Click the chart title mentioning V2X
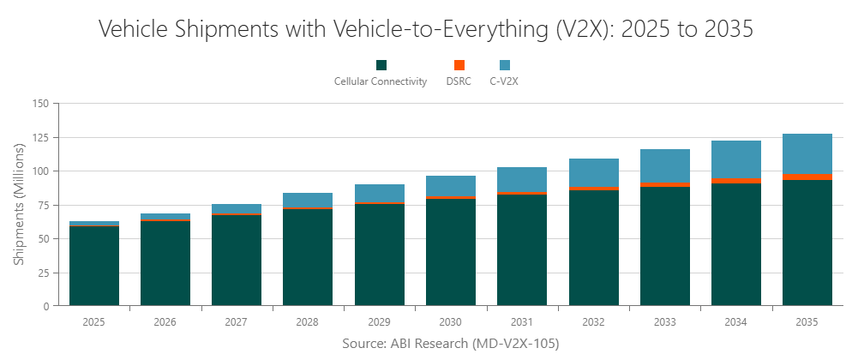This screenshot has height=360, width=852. (x=426, y=29)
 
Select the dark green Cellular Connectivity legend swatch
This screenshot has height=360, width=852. (x=381, y=65)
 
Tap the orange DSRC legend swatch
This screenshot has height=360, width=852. (x=459, y=65)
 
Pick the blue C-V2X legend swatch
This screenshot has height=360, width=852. (x=505, y=65)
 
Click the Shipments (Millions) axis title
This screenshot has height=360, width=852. (x=18, y=204)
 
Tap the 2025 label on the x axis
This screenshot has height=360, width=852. (x=93, y=322)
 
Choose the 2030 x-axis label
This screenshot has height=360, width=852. (x=450, y=322)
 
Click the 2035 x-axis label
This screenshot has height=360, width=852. (x=807, y=322)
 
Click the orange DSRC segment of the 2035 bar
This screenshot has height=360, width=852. (x=807, y=177)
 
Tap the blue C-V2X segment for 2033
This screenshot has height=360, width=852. (x=664, y=165)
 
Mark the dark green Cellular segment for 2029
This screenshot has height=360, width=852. (x=379, y=255)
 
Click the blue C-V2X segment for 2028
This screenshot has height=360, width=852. (x=308, y=200)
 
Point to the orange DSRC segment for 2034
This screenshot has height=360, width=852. (x=735, y=181)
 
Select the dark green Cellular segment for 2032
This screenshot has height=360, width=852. (x=593, y=248)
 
